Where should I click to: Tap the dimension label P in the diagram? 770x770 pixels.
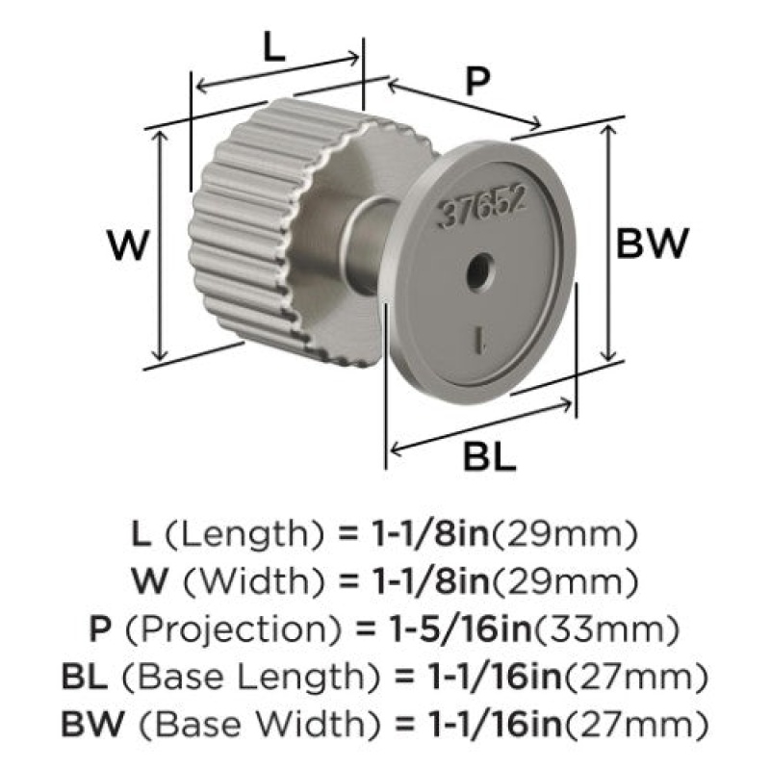(477, 82)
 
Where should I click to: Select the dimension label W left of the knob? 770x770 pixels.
(128, 245)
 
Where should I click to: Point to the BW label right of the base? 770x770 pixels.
(653, 244)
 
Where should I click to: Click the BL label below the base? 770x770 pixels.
(489, 456)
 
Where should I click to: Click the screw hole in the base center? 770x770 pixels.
(479, 270)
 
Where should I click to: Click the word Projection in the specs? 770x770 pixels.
(234, 629)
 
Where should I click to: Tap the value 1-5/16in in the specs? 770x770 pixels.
(460, 630)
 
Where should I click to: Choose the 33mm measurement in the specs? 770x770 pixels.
(606, 630)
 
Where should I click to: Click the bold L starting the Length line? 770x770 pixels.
(141, 534)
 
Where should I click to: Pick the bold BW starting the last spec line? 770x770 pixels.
(92, 724)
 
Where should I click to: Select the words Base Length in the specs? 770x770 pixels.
(251, 678)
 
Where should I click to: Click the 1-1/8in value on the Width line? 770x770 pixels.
(431, 582)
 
